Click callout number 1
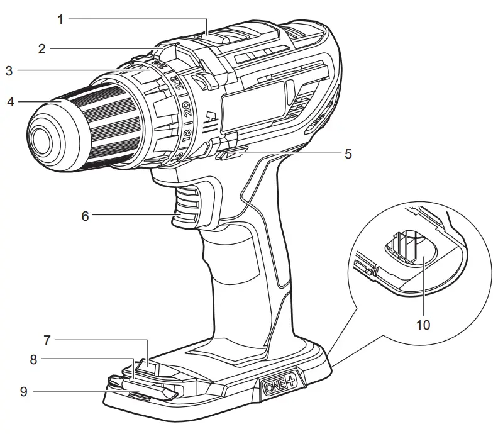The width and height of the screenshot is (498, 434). (x=60, y=19)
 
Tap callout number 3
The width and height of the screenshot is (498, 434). (x=9, y=71)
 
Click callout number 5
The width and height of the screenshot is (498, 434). (x=348, y=153)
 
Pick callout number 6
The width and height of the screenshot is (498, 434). (x=86, y=215)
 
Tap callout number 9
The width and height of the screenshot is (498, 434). (x=24, y=391)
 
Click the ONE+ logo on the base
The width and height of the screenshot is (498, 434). (x=282, y=383)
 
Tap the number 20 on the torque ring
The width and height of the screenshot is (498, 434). (x=188, y=108)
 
